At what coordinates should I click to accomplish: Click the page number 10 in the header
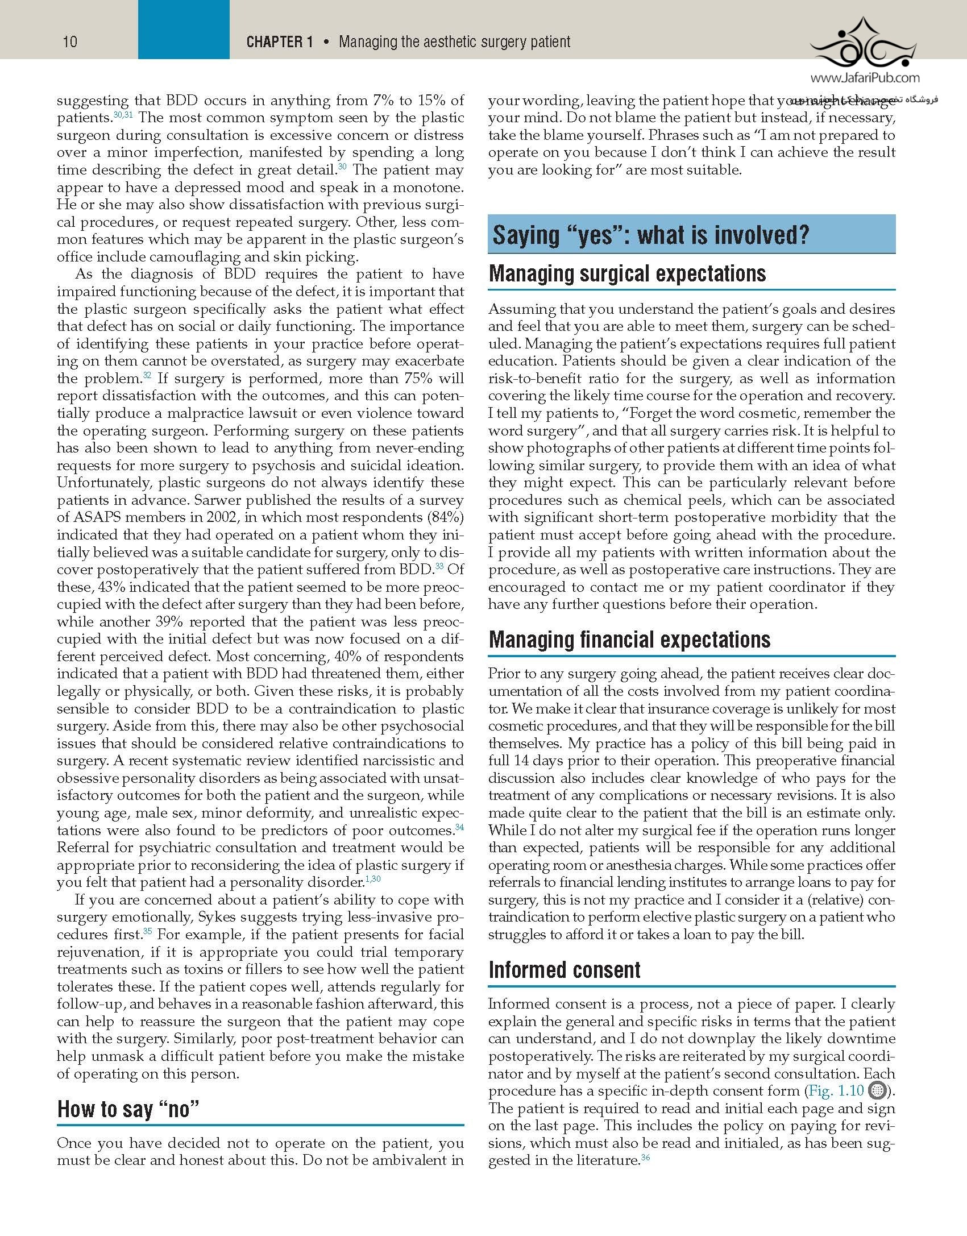click(70, 42)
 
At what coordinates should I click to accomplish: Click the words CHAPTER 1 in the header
click(280, 42)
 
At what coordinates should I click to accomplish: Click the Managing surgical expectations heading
click(627, 273)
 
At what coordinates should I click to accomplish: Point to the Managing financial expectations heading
click(629, 640)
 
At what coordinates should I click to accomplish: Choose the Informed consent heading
click(565, 970)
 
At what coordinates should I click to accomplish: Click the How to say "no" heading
click(128, 1109)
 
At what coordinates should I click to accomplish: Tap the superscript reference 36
click(645, 1156)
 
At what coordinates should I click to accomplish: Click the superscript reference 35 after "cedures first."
click(147, 931)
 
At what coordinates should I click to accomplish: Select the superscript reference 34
click(459, 827)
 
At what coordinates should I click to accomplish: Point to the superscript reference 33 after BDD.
click(439, 566)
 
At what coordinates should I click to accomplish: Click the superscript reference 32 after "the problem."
click(147, 375)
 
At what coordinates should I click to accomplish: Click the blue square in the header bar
click(184, 30)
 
